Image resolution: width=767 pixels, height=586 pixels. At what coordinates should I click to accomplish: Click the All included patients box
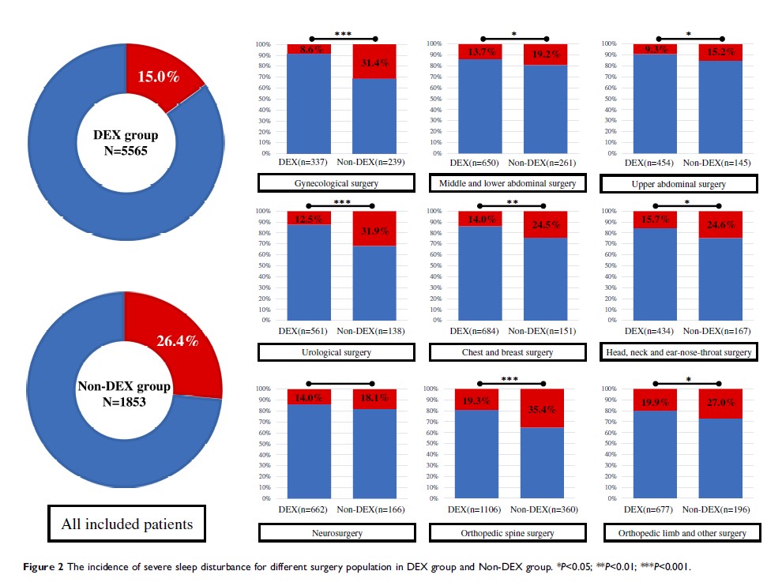(126, 523)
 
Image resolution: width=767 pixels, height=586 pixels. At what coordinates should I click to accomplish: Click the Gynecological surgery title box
(337, 183)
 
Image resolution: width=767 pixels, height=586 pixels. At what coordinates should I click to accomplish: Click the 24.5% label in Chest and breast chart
(545, 224)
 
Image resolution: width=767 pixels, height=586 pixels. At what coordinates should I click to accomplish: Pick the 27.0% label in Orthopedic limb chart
(718, 400)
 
